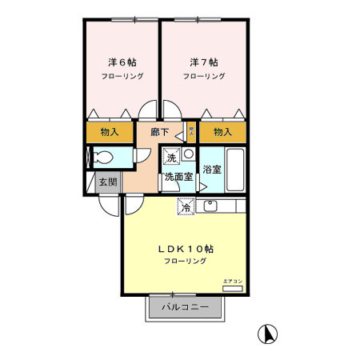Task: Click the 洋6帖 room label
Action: [x=122, y=62]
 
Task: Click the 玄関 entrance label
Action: [x=107, y=182]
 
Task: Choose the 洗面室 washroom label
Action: [x=178, y=177]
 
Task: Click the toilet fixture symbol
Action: [x=102, y=157]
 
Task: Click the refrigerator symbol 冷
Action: [x=186, y=207]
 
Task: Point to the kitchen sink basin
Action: [x=210, y=206]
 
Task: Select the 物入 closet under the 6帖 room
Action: [x=110, y=131]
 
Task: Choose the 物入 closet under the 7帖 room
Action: [x=223, y=131]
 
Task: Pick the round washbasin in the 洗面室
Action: [x=188, y=153]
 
